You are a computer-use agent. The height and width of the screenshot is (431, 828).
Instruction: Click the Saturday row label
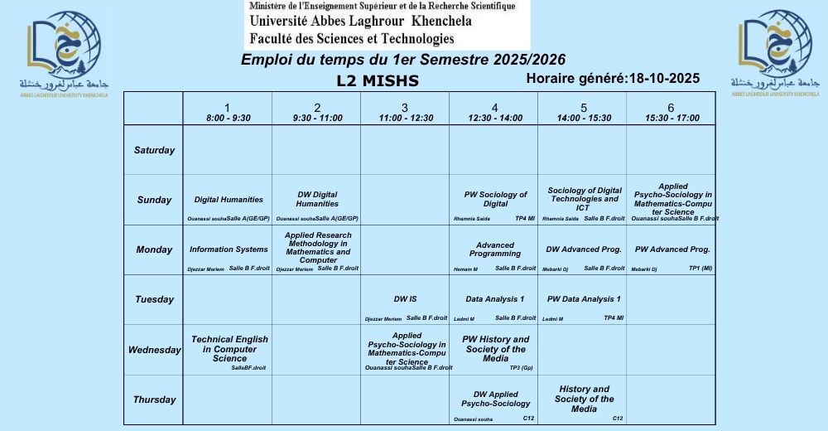pyautogui.click(x=154, y=150)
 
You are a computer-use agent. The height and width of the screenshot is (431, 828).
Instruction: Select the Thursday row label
pyautogui.click(x=154, y=400)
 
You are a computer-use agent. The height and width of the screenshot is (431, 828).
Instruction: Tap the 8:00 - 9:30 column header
pyautogui.click(x=228, y=112)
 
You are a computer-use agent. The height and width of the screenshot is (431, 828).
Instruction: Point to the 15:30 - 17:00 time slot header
pyautogui.click(x=671, y=112)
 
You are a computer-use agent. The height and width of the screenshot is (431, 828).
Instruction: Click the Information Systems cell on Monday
pyautogui.click(x=228, y=249)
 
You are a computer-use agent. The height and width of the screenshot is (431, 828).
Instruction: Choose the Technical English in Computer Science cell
pyautogui.click(x=229, y=349)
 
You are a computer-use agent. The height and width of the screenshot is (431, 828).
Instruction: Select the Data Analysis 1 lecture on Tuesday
pyautogui.click(x=494, y=299)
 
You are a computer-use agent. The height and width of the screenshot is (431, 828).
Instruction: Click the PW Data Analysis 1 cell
pyautogui.click(x=583, y=299)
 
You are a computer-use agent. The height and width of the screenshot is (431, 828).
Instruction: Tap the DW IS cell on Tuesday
pyautogui.click(x=406, y=299)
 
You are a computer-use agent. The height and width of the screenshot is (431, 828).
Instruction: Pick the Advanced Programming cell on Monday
pyautogui.click(x=494, y=249)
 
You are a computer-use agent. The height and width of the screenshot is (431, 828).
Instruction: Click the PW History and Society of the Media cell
pyautogui.click(x=495, y=349)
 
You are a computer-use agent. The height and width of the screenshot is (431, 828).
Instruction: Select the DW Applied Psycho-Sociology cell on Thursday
pyautogui.click(x=495, y=400)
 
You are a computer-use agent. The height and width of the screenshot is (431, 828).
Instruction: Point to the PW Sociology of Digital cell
pyautogui.click(x=495, y=199)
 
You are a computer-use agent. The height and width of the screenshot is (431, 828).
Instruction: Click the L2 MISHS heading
pyautogui.click(x=378, y=81)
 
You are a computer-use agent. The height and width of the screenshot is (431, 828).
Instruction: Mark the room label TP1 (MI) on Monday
pyautogui.click(x=700, y=269)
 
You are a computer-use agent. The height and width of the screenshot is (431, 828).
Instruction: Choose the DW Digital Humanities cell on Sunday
pyautogui.click(x=317, y=199)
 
